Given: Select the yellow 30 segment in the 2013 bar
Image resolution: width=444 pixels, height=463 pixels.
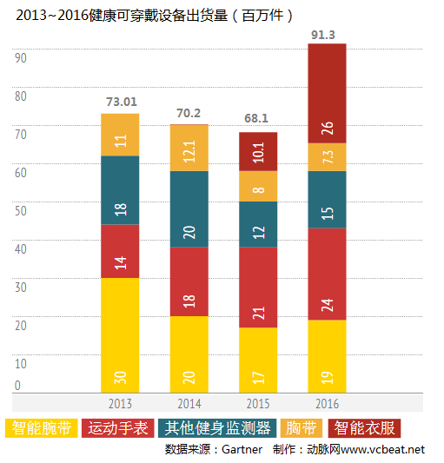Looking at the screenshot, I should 120,334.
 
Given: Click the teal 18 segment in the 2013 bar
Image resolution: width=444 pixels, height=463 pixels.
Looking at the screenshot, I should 120,189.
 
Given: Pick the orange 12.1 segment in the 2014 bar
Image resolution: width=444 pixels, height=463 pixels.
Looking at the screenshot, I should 189,148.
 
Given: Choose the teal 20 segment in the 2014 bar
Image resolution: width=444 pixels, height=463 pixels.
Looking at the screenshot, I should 189,209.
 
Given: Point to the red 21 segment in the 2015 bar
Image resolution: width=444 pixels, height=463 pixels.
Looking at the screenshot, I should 258,287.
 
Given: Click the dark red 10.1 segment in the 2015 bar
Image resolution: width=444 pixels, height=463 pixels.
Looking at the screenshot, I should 258,151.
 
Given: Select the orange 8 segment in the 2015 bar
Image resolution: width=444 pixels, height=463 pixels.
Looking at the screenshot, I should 258,186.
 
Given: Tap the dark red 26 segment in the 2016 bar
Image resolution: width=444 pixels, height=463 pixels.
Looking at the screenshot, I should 327,93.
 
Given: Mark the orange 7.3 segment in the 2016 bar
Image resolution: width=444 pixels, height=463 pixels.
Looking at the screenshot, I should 327,157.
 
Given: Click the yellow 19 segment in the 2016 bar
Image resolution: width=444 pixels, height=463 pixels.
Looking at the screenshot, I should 327,356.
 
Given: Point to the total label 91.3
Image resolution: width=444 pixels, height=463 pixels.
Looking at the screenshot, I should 327,35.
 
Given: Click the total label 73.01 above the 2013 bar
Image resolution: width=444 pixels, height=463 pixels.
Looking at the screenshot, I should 121,103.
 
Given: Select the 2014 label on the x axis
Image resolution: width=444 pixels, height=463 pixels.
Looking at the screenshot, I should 189,404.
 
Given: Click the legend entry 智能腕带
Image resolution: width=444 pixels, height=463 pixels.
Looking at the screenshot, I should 43,427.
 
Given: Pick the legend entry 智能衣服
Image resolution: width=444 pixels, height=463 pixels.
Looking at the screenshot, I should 365,427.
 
